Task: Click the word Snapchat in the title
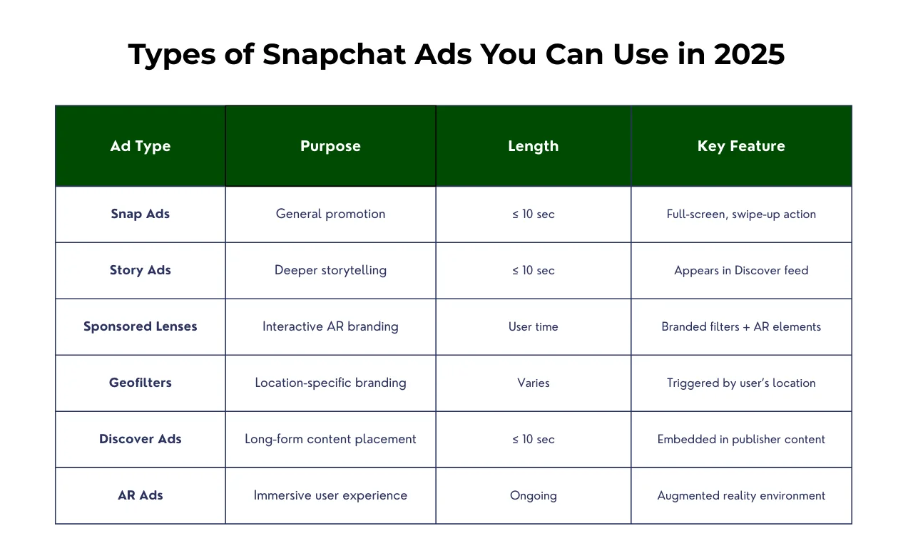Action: [x=335, y=55]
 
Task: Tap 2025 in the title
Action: [x=749, y=54]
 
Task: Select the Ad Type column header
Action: [x=141, y=146]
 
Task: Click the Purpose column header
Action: [x=330, y=146]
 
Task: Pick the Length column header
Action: [x=533, y=146]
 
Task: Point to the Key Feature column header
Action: [x=741, y=146]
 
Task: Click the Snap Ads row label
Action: [x=141, y=214]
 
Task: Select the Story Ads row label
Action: [x=141, y=270]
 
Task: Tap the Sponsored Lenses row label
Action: [x=141, y=326]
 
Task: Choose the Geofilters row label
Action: [x=141, y=383]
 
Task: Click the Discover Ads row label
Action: [x=141, y=439]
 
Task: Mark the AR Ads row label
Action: [x=141, y=495]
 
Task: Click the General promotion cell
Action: [x=330, y=214]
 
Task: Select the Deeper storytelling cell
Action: [x=330, y=270]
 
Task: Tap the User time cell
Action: [x=533, y=326]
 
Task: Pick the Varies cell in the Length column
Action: [x=533, y=383]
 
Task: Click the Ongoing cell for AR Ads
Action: [x=533, y=495]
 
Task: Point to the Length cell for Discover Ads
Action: [x=533, y=439]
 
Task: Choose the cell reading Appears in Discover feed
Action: [x=741, y=270]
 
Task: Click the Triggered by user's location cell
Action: [x=741, y=383]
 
